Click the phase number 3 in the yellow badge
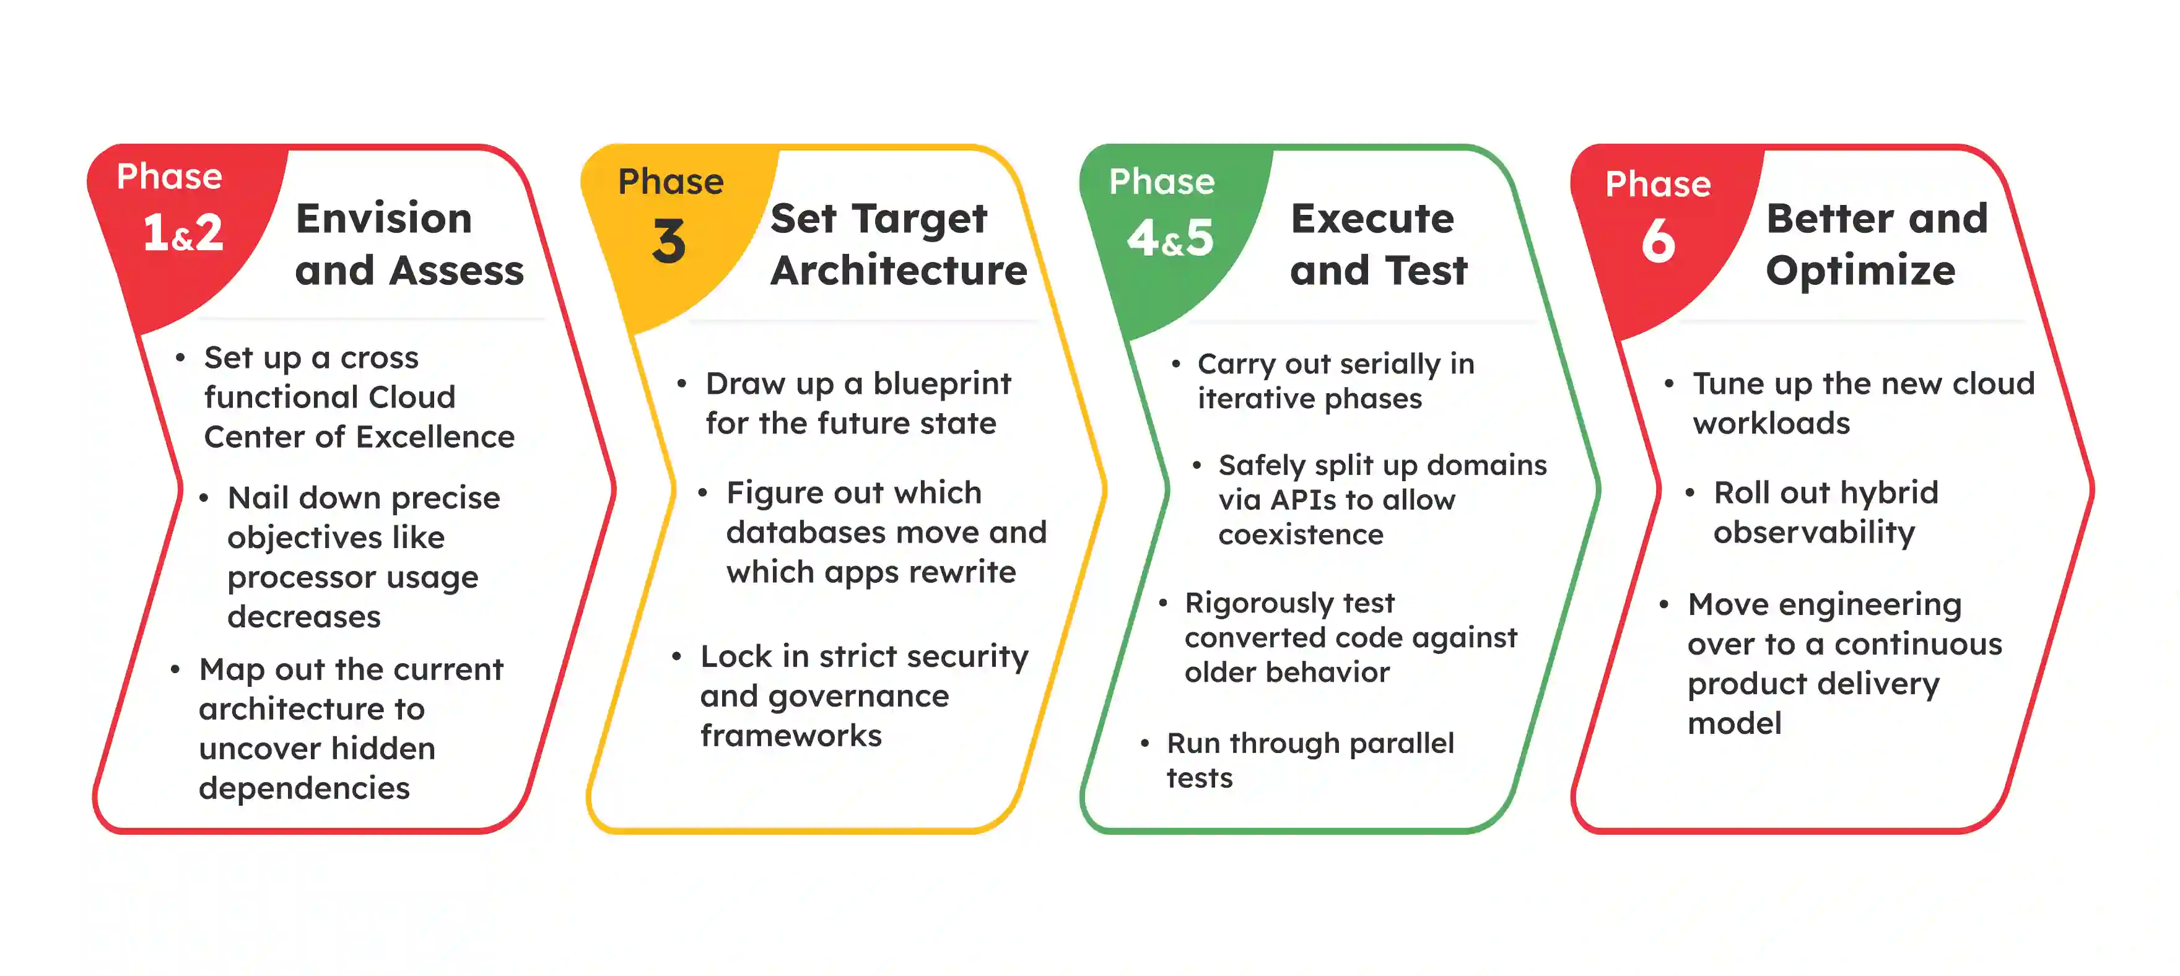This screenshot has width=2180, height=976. tap(669, 242)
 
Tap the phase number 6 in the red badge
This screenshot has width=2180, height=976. tap(1658, 242)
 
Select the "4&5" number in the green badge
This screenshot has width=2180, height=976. tap(1171, 238)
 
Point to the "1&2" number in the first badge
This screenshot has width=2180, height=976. tap(183, 233)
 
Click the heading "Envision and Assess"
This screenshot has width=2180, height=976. tap(409, 244)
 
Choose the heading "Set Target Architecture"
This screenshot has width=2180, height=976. tap(898, 244)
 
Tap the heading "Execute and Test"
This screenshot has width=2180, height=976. tap(1378, 244)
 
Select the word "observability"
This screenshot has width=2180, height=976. tap(1813, 533)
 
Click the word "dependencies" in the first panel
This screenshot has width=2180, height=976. tap(304, 788)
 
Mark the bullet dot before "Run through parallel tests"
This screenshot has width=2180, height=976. tap(1144, 744)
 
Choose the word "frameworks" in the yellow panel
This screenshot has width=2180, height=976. tap(790, 736)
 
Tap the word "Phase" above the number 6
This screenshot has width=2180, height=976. tap(1657, 184)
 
